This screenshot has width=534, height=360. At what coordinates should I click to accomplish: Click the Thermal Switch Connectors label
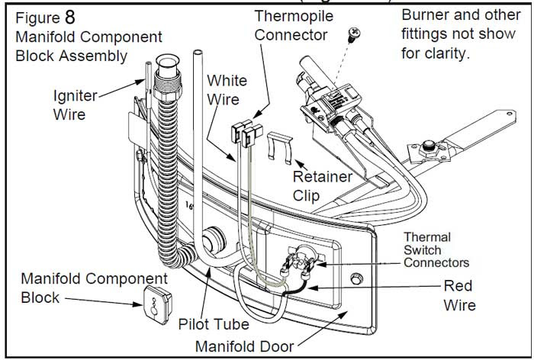[x=437, y=249]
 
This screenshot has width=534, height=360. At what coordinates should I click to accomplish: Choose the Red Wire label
[x=460, y=296]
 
